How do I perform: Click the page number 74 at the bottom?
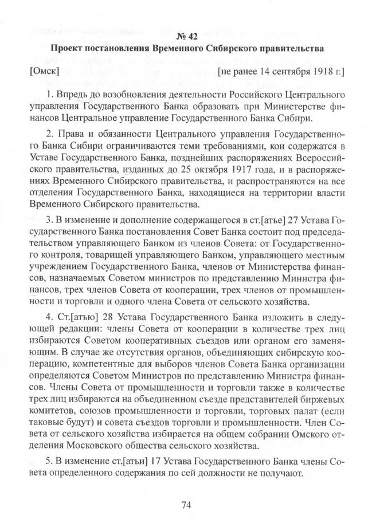coord(186,505)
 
